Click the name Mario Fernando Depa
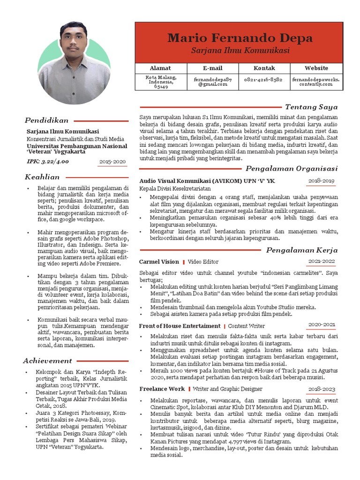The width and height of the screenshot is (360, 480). (x=240, y=37)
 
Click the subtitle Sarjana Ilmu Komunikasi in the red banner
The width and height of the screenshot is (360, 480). (x=240, y=50)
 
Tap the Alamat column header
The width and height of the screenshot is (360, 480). (x=160, y=68)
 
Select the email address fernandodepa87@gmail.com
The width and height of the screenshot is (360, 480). (x=212, y=82)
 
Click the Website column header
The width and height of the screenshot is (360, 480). (x=316, y=68)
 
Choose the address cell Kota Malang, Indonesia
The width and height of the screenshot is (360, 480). (x=160, y=82)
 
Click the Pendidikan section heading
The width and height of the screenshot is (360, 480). (x=47, y=120)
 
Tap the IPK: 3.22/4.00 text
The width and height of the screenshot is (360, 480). (x=48, y=162)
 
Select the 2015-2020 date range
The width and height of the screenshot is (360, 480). (x=112, y=162)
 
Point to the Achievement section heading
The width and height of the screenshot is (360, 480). (x=48, y=360)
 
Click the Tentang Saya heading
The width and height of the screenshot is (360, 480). (x=311, y=107)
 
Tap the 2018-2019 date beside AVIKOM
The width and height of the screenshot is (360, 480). (x=321, y=180)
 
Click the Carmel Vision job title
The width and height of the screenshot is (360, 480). (x=159, y=262)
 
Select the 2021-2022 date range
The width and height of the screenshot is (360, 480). (x=321, y=261)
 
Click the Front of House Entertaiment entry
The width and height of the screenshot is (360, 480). (x=180, y=326)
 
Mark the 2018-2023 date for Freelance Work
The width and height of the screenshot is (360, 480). (x=321, y=389)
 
